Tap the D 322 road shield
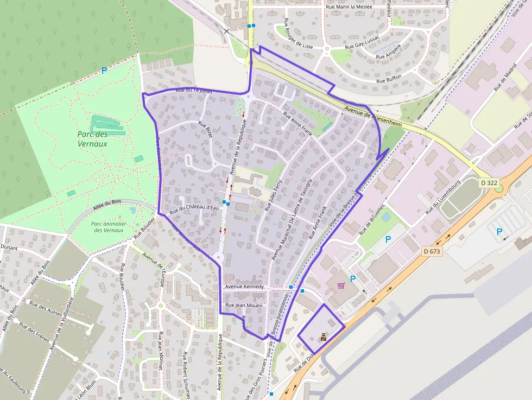(489, 183)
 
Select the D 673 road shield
(432, 251)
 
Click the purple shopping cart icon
(341, 285)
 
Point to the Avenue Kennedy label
(244, 287)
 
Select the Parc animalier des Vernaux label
(109, 227)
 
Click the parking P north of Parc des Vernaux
(104, 71)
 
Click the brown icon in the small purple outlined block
(323, 337)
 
